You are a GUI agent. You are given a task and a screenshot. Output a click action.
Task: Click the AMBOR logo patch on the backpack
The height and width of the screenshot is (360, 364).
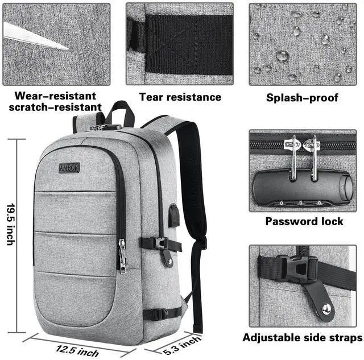pyautogui.click(x=69, y=168)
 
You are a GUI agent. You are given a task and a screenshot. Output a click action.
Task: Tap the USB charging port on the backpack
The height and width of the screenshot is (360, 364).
pyautogui.click(x=175, y=213)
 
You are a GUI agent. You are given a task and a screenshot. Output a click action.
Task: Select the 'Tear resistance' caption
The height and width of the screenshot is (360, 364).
pyautogui.click(x=180, y=97)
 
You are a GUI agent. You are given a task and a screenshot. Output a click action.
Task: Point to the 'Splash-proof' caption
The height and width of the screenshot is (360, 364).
pyautogui.click(x=302, y=98)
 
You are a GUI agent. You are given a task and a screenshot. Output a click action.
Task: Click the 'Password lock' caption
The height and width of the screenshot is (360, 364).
pyautogui.click(x=304, y=221)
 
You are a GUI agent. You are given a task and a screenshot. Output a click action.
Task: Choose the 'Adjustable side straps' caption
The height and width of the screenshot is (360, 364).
pyautogui.click(x=302, y=337)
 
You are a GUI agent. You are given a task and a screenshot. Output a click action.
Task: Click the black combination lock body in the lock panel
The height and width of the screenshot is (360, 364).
pyautogui.click(x=301, y=188)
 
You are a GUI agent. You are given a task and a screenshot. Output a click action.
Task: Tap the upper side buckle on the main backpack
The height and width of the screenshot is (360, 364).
pyautogui.click(x=160, y=244)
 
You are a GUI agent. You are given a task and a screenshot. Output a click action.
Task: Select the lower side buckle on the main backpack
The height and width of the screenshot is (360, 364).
pyautogui.click(x=161, y=313)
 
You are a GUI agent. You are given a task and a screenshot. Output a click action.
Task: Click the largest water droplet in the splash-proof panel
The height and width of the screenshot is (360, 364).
pyautogui.click(x=282, y=56)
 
